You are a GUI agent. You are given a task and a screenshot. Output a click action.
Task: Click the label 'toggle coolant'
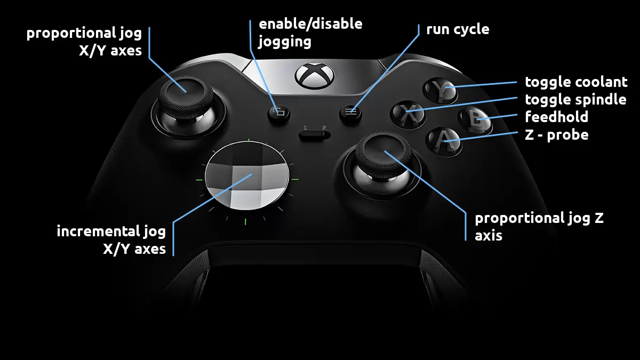576,82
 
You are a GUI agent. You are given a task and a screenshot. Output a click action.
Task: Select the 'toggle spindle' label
575,99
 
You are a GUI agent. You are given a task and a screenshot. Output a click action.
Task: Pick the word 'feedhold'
557,117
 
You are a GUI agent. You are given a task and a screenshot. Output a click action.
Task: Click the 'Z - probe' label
557,134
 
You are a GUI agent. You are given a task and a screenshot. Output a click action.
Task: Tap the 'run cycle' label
458,29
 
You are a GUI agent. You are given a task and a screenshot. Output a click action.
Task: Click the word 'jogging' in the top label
285,42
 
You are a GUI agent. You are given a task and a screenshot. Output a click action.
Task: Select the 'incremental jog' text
111,231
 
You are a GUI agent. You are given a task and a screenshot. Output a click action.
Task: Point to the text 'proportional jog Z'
539,218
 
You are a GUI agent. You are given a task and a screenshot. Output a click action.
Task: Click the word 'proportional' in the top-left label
62,34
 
